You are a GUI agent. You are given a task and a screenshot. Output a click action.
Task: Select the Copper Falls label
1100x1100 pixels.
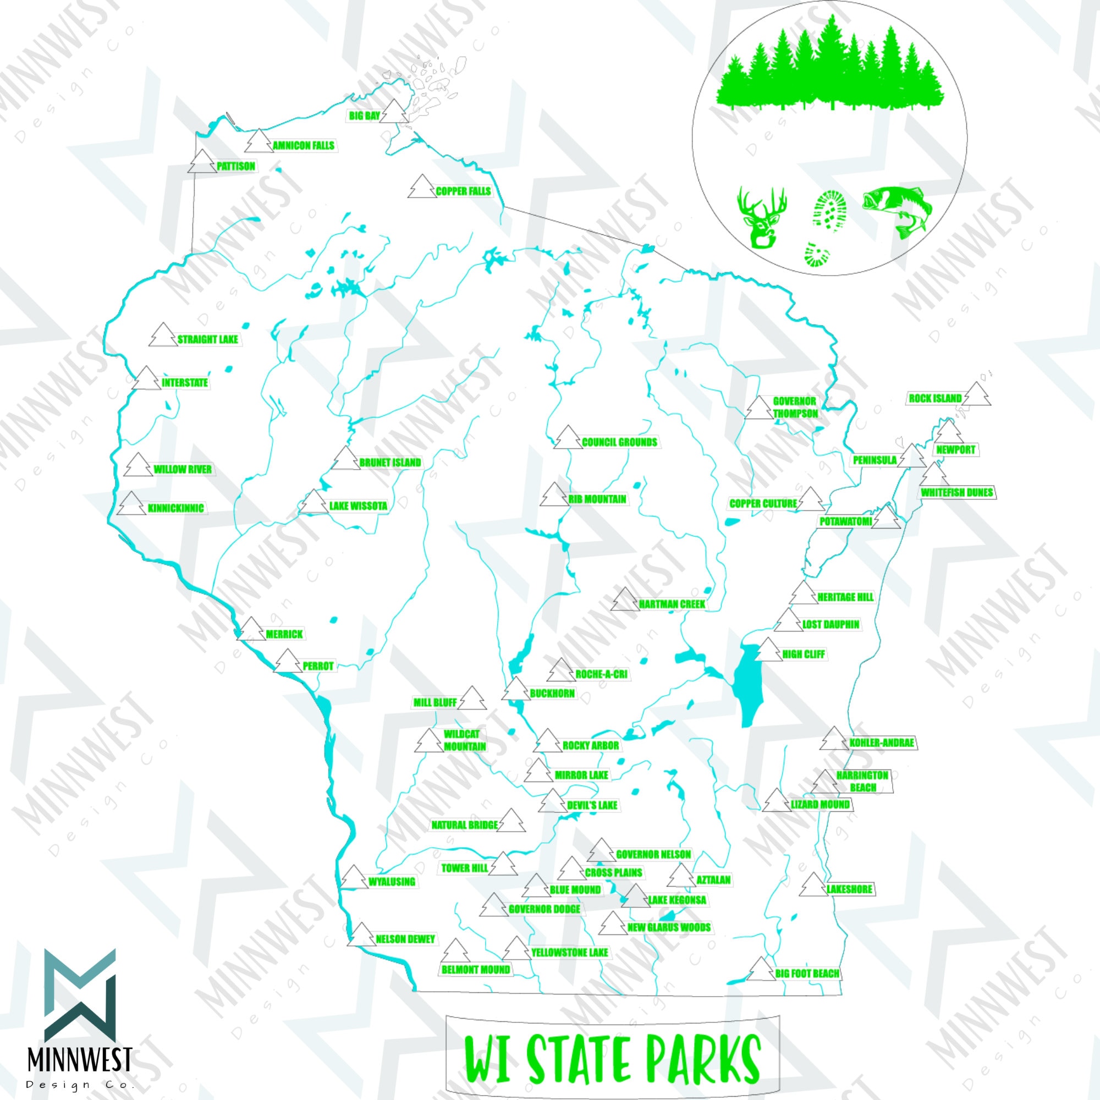click(463, 191)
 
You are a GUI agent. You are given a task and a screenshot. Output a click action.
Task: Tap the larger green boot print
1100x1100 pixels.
click(830, 211)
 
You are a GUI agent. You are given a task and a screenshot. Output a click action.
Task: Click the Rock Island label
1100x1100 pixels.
click(935, 399)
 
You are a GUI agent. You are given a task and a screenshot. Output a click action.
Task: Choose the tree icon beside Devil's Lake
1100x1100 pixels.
click(553, 801)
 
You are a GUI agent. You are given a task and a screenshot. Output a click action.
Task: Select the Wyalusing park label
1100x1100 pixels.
click(392, 882)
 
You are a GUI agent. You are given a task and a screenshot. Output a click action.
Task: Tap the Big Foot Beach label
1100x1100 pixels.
click(807, 974)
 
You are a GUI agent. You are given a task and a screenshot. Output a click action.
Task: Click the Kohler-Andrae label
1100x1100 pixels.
click(881, 743)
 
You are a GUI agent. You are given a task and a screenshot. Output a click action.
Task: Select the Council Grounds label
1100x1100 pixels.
click(619, 442)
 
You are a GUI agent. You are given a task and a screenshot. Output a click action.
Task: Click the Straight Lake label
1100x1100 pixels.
click(208, 339)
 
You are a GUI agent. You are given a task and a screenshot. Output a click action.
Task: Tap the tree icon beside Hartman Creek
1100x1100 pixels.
click(625, 599)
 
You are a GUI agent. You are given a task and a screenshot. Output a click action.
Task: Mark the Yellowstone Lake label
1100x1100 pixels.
click(569, 953)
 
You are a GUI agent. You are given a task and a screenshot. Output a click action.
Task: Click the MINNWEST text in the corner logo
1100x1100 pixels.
click(80, 1059)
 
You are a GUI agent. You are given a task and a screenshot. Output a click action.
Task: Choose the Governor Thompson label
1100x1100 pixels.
click(795, 407)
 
